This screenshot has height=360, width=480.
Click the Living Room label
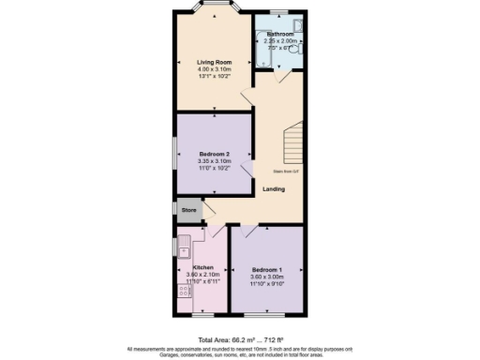(214, 63)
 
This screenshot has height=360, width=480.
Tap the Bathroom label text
(279, 34)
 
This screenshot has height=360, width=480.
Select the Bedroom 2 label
(214, 153)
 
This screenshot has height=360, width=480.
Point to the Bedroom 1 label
(266, 267)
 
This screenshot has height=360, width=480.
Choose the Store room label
(188, 210)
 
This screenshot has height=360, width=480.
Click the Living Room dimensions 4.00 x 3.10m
(214, 70)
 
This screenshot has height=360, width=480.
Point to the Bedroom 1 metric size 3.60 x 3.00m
(266, 275)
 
